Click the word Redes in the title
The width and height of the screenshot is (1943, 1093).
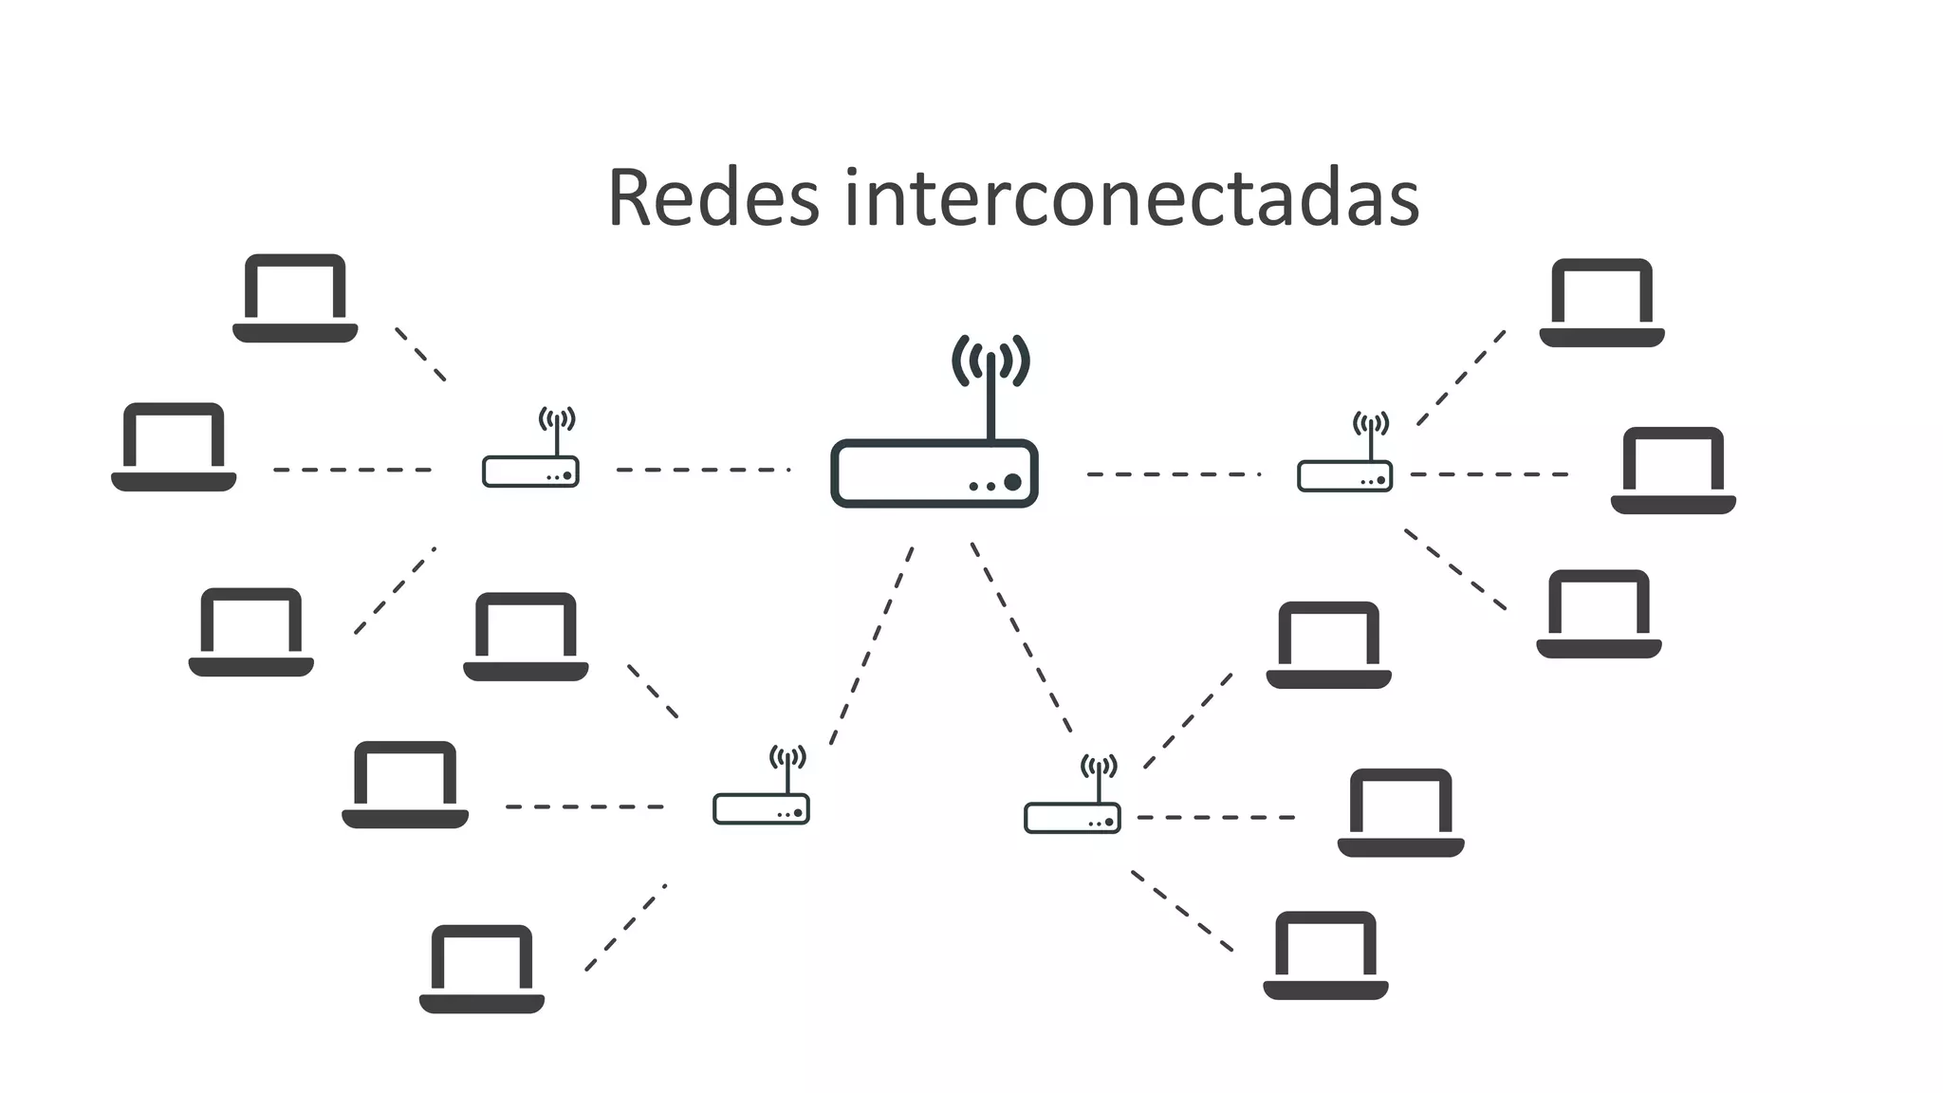pos(712,198)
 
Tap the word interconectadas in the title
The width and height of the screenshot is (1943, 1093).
pos(1131,198)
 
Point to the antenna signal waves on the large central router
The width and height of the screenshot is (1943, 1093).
pos(991,361)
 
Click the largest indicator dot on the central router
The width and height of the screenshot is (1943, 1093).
pos(1012,482)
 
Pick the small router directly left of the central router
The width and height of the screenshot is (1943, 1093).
pos(530,471)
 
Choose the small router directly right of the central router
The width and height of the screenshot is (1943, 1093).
pos(1344,475)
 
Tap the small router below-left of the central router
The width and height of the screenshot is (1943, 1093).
pos(761,808)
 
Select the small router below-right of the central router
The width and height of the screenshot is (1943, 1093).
pos(1072,817)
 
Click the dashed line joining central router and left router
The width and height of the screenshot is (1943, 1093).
pos(703,470)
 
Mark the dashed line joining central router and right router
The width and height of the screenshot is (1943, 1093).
pos(1173,474)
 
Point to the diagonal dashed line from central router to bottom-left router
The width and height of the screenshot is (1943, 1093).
pos(871,645)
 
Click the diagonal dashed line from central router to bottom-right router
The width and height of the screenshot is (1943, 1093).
pos(1022,638)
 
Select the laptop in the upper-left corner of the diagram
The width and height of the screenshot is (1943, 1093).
pos(295,298)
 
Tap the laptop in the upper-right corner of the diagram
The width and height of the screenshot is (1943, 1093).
pos(1601,303)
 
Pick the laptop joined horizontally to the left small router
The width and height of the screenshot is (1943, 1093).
pos(174,447)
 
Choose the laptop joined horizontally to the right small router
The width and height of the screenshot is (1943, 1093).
pos(1673,471)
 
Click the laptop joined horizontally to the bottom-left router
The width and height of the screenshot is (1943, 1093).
pos(405,785)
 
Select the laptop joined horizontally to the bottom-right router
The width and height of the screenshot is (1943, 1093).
pos(1400,812)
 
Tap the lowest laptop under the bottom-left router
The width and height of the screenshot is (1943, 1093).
pos(482,969)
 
